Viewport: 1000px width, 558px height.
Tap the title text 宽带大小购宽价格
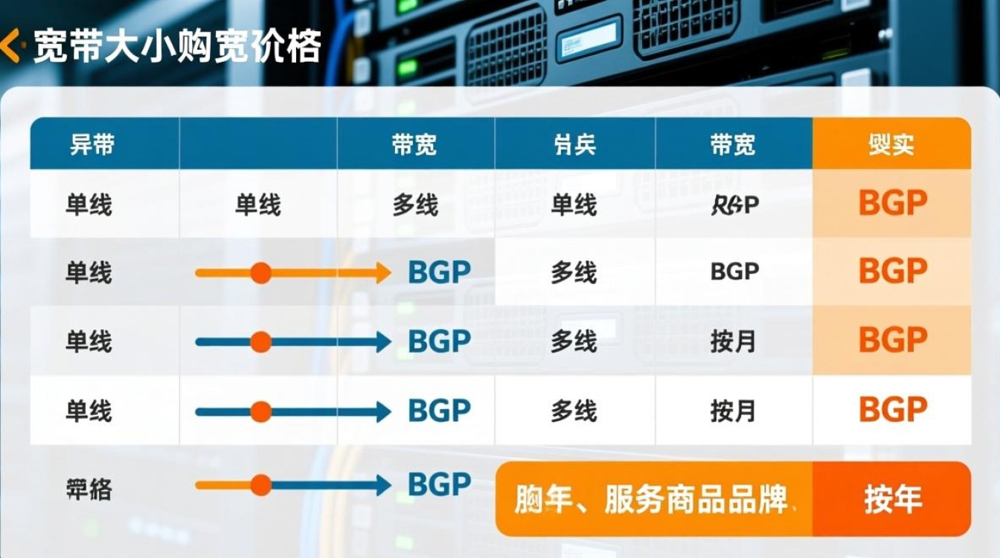coord(177,47)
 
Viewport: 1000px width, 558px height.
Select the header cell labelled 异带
coord(92,144)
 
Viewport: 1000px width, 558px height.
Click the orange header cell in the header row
coord(891,144)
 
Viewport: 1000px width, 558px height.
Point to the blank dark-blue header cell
coord(257,144)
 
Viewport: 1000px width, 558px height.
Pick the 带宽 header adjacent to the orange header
coord(733,144)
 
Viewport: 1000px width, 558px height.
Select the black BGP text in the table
coord(734,272)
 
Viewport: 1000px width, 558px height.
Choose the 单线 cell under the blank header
coord(257,205)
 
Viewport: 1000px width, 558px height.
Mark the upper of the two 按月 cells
coord(733,341)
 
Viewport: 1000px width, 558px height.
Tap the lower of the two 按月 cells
coord(733,411)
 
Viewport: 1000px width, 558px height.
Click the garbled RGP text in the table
coord(734,205)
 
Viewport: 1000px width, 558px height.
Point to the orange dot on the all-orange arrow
coord(260,273)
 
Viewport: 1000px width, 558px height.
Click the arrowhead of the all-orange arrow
coord(382,273)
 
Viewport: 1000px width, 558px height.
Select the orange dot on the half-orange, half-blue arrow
coord(260,486)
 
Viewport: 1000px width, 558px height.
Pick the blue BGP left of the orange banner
coord(439,484)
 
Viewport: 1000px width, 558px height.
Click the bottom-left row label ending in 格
coord(89,489)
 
